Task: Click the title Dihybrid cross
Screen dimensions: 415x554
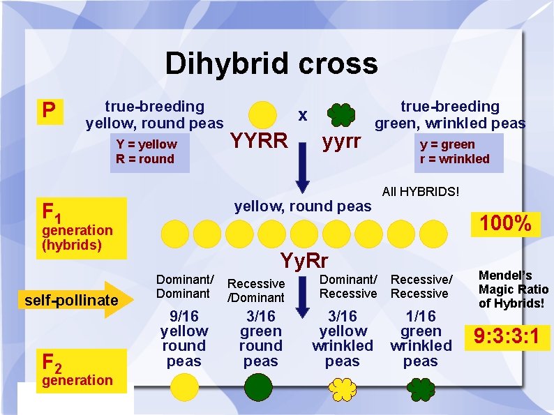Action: pyautogui.click(x=271, y=64)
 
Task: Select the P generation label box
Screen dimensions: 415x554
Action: pyautogui.click(x=49, y=110)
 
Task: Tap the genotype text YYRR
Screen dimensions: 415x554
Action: pyautogui.click(x=258, y=142)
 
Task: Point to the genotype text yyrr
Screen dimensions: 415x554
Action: pyautogui.click(x=340, y=142)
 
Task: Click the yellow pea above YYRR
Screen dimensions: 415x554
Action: pyautogui.click(x=262, y=114)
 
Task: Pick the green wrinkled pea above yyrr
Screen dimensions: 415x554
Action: pyautogui.click(x=340, y=114)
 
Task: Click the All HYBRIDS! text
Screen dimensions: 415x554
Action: pyautogui.click(x=421, y=190)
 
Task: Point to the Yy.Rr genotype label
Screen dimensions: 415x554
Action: pyautogui.click(x=304, y=261)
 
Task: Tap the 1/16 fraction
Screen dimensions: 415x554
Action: pyautogui.click(x=421, y=316)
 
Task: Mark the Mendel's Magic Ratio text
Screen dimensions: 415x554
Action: pyautogui.click(x=514, y=289)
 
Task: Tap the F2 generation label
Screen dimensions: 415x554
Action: pyautogui.click(x=77, y=370)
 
